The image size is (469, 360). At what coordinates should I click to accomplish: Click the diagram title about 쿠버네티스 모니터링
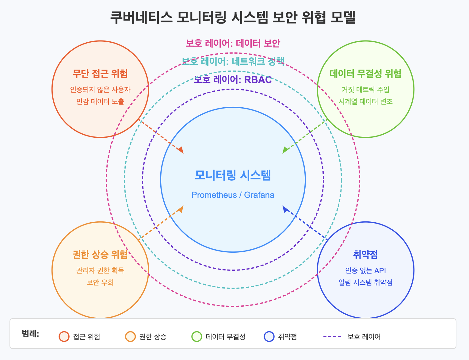click(x=233, y=17)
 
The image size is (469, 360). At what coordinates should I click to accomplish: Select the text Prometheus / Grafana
click(x=233, y=195)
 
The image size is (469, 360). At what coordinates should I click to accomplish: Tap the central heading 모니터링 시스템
click(x=233, y=175)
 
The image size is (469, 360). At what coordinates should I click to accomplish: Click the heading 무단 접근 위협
click(x=100, y=74)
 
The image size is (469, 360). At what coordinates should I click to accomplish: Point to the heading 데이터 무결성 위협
click(x=365, y=74)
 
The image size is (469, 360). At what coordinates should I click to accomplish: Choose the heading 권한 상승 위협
click(x=100, y=255)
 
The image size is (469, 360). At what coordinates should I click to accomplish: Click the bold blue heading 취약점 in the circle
click(x=365, y=255)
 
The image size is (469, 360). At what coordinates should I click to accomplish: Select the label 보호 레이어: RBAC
click(x=233, y=80)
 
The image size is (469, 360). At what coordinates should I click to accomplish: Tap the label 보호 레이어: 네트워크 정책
click(x=233, y=61)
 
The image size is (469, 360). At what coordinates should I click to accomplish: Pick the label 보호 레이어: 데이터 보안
click(x=233, y=43)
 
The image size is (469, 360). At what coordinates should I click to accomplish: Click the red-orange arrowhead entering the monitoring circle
click(x=181, y=151)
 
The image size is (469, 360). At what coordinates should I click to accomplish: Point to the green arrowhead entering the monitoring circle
click(x=285, y=150)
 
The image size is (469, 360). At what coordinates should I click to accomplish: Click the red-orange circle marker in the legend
click(x=64, y=337)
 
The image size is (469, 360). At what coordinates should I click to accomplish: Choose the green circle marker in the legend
click(x=197, y=337)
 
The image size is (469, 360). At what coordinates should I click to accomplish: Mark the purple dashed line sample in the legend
click(x=332, y=337)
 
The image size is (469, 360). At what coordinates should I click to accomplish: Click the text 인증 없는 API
click(x=365, y=270)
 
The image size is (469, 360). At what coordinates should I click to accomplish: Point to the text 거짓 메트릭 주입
click(x=365, y=90)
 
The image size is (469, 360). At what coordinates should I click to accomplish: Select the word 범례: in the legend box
click(x=30, y=334)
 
